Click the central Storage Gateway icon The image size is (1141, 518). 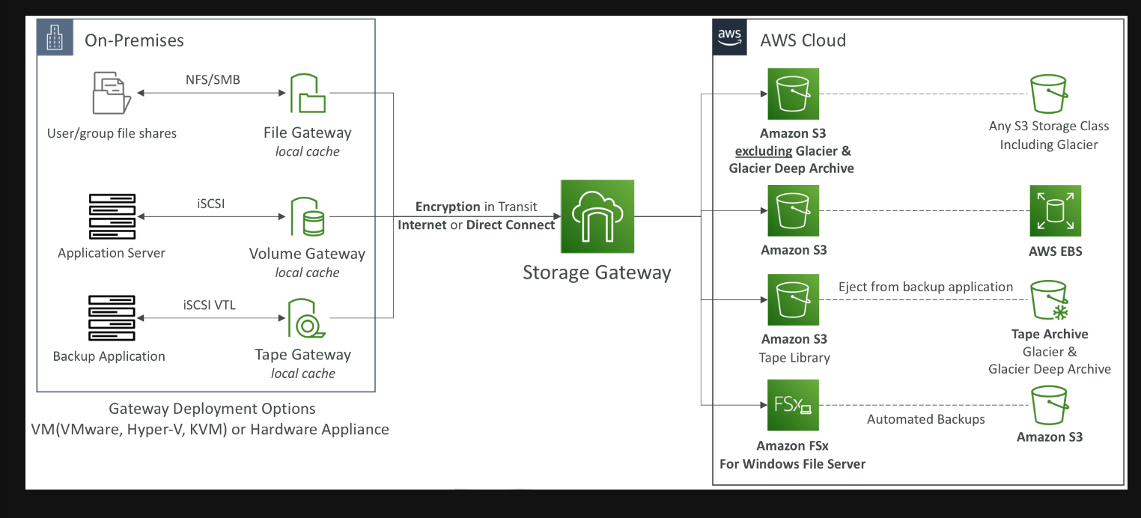[x=597, y=216]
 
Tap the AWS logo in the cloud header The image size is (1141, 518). [x=729, y=37]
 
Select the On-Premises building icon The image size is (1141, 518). [x=55, y=37]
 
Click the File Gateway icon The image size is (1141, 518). [x=308, y=94]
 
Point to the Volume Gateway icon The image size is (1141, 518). [x=308, y=216]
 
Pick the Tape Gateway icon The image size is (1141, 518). [x=307, y=318]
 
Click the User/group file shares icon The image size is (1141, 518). [x=112, y=93]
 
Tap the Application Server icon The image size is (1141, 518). [x=112, y=216]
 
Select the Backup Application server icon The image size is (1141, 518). [x=112, y=318]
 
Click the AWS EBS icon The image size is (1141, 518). [x=1056, y=210]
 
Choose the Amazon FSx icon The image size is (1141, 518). [x=793, y=405]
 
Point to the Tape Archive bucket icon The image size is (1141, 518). [x=1050, y=300]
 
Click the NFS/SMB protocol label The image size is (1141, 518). [x=213, y=80]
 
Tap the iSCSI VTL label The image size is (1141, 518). [x=210, y=305]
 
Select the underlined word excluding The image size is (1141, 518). [x=764, y=151]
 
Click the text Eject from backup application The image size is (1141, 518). [x=925, y=287]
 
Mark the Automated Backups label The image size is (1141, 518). [x=926, y=419]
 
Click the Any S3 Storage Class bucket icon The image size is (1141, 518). [x=1049, y=94]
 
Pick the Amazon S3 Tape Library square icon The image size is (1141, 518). [x=793, y=299]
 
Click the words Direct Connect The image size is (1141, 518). [x=511, y=225]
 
